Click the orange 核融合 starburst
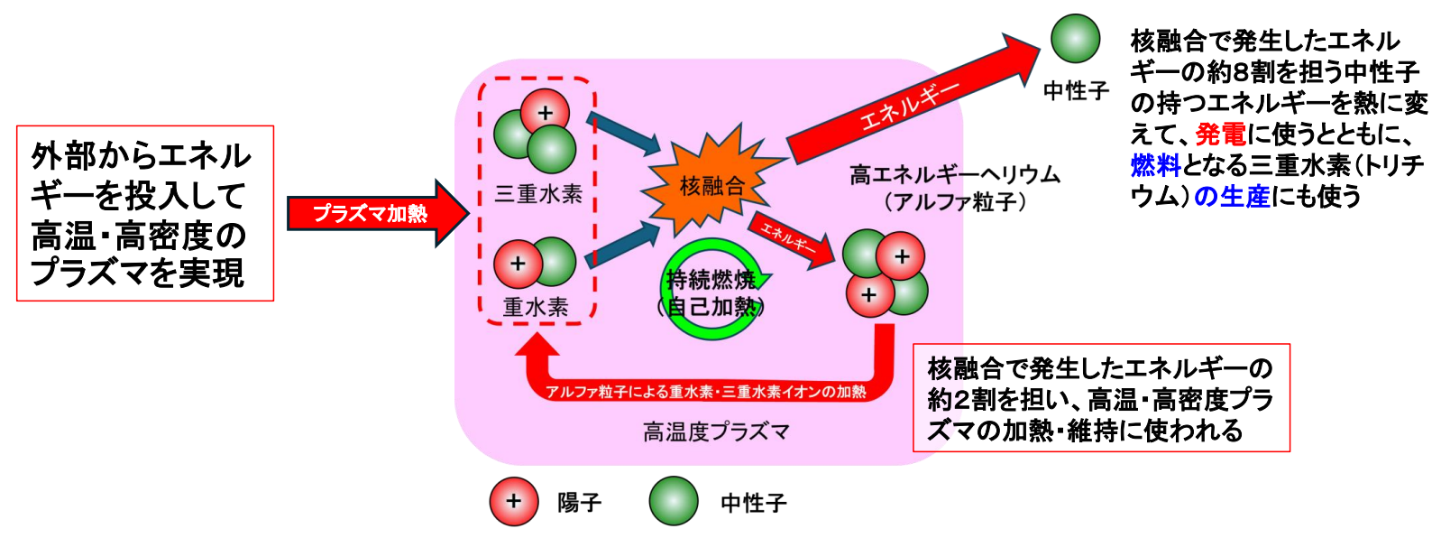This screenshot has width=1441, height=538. [711, 185]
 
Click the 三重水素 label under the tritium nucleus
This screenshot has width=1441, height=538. [538, 193]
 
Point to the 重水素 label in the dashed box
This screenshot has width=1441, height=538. [536, 307]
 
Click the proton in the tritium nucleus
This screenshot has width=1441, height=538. [545, 113]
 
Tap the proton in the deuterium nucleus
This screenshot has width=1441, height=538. [518, 264]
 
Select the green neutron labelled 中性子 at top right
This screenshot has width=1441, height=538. [1075, 40]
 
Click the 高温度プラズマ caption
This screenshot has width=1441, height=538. [716, 431]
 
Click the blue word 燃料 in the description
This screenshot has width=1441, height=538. [1155, 165]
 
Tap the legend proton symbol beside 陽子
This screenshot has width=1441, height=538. [514, 501]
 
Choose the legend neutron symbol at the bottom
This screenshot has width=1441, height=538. [674, 501]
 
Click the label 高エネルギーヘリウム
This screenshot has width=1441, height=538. [954, 174]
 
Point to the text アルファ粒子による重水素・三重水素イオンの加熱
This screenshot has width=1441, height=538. [706, 392]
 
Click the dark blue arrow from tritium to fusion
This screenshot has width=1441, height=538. [622, 134]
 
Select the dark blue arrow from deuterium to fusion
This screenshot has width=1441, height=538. [622, 246]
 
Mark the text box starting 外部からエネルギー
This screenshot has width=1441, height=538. [145, 213]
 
